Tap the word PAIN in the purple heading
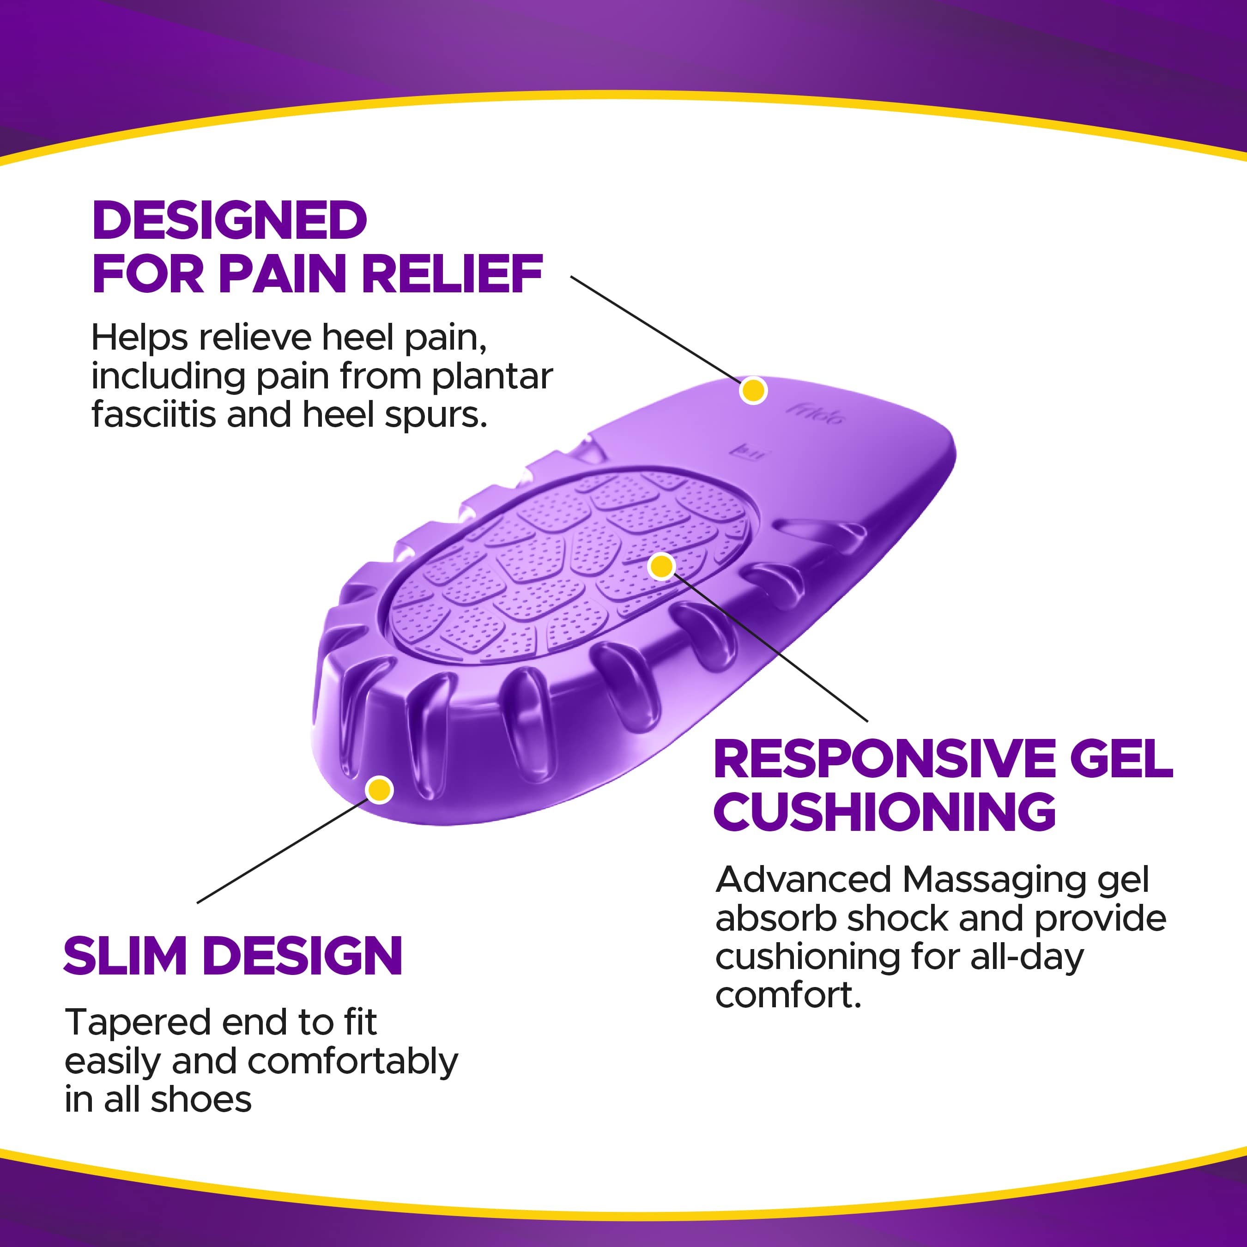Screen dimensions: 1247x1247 pos(283,274)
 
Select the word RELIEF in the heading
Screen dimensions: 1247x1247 pos(452,274)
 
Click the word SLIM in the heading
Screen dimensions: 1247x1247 pos(125,956)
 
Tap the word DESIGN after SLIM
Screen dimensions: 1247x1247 pos(303,956)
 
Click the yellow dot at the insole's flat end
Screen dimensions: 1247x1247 pos(753,390)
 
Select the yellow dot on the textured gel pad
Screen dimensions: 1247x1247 pos(661,567)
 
